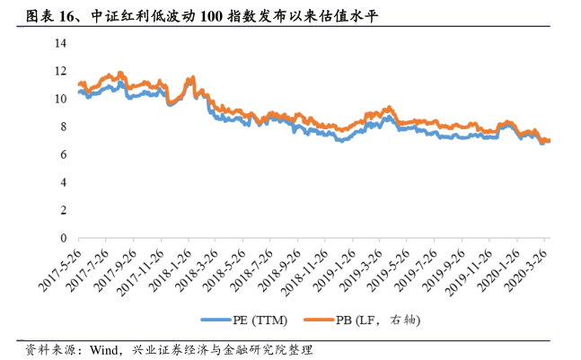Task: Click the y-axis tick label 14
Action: point(61,43)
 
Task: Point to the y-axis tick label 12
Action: point(61,71)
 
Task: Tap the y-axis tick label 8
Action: point(64,127)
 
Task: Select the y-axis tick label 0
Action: point(64,239)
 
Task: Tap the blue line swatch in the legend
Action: point(215,319)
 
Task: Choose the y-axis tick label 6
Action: point(64,155)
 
